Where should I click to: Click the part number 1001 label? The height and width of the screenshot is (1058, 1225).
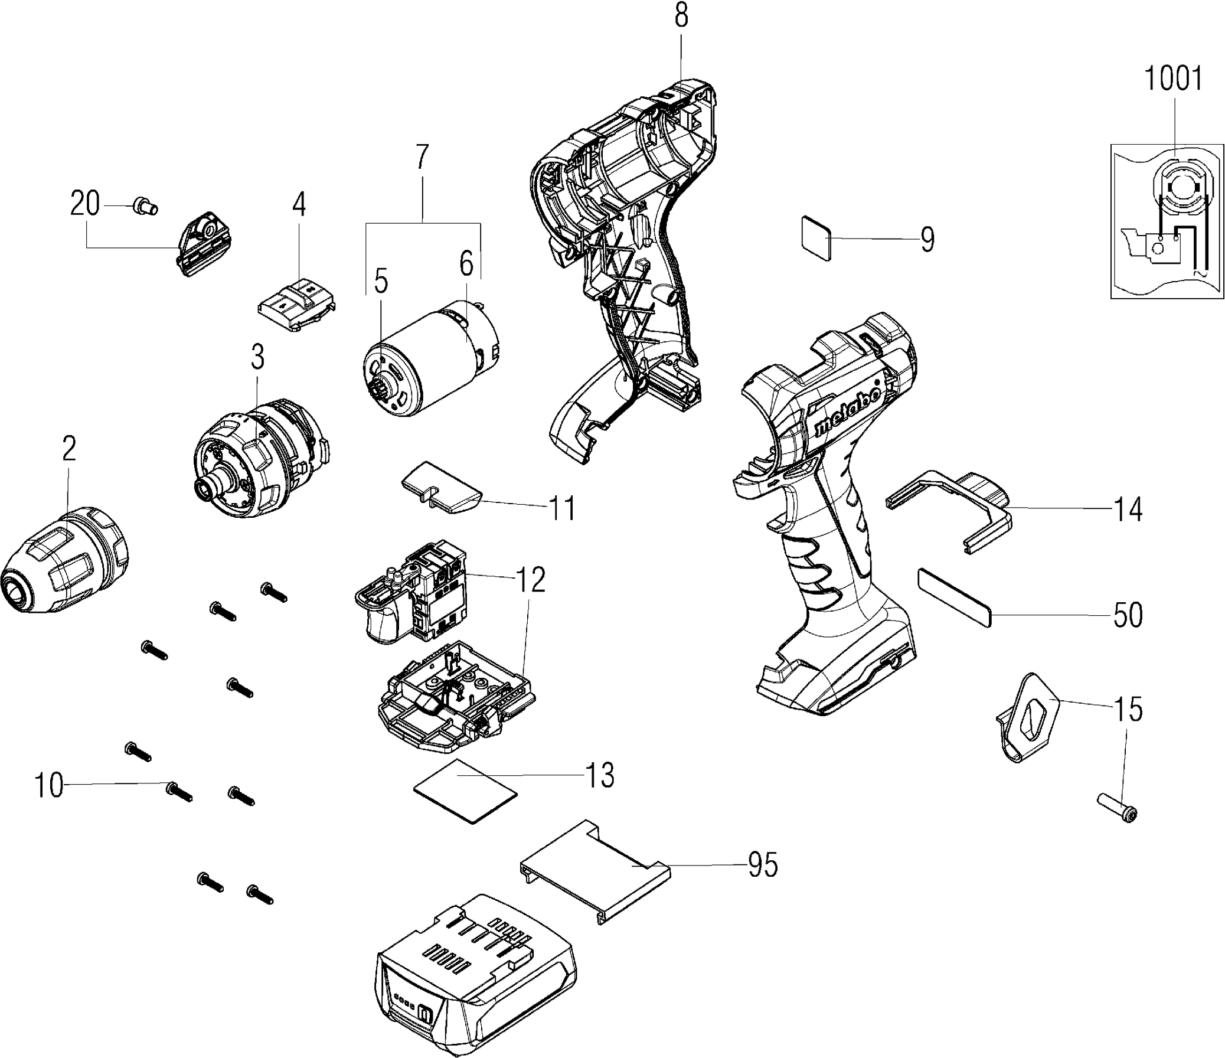pyautogui.click(x=1174, y=80)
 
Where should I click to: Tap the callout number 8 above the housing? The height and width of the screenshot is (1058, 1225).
pyautogui.click(x=681, y=16)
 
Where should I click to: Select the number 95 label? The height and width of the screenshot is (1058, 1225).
pyautogui.click(x=762, y=866)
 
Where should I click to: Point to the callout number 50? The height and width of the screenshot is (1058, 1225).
pyautogui.click(x=1128, y=615)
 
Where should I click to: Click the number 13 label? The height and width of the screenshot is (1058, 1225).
pyautogui.click(x=600, y=775)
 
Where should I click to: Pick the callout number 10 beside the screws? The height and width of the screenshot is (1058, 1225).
pyautogui.click(x=48, y=785)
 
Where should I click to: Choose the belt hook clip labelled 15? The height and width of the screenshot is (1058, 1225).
pyautogui.click(x=1027, y=716)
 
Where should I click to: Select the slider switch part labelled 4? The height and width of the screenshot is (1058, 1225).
pyautogui.click(x=298, y=304)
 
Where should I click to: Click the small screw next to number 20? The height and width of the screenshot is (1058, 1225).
pyautogui.click(x=145, y=206)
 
